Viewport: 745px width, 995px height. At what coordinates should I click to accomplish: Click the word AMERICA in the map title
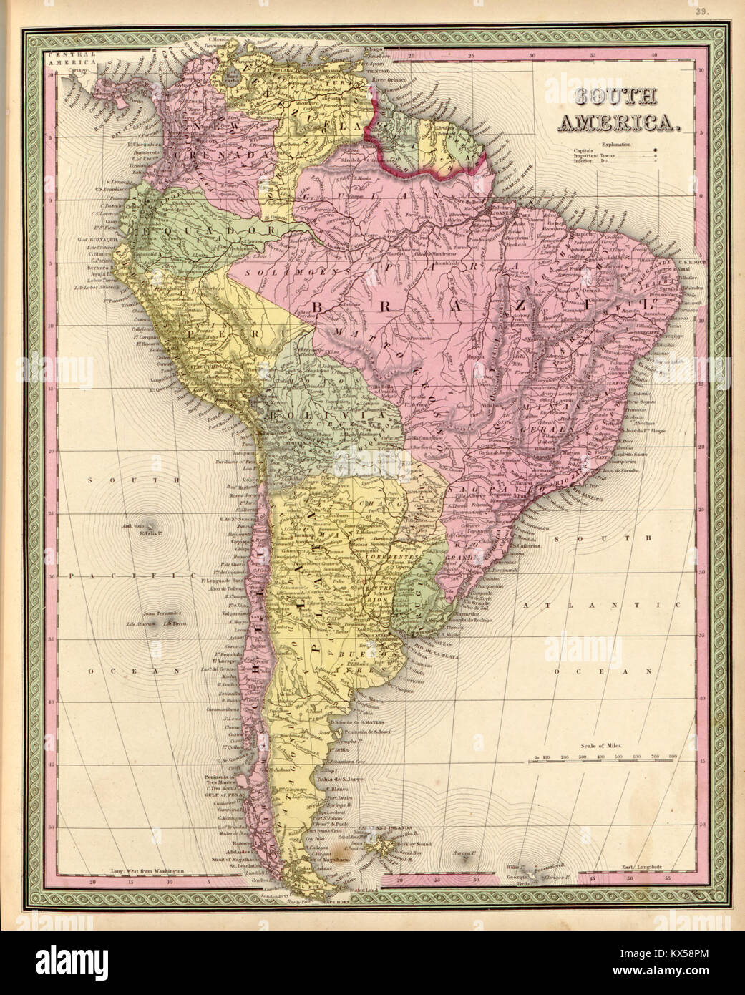[618, 122]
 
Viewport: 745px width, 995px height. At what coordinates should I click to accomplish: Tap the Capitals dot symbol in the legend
[656, 150]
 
